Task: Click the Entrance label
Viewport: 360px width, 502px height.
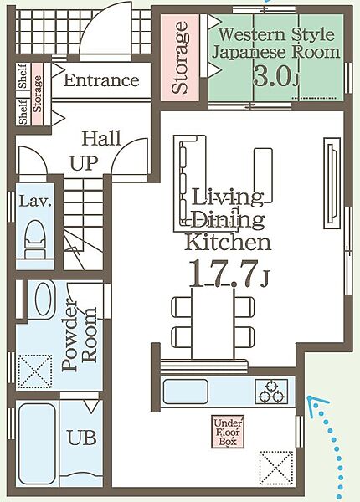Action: [x=101, y=80]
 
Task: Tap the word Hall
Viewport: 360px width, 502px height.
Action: [x=101, y=139]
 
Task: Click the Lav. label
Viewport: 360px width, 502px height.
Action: [x=35, y=202]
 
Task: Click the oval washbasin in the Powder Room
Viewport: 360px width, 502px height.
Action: [x=45, y=299]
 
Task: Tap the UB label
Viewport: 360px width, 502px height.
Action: [x=82, y=438]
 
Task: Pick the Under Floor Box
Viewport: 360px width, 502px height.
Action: [x=228, y=432]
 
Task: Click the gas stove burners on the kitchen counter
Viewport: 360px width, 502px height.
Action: [x=271, y=392]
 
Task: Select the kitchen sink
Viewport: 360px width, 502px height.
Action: [x=186, y=392]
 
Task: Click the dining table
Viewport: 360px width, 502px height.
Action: [x=213, y=323]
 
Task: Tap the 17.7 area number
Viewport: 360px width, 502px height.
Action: [x=223, y=274]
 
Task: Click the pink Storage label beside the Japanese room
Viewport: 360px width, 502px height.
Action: [x=180, y=58]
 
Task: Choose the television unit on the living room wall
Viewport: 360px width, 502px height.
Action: [x=332, y=182]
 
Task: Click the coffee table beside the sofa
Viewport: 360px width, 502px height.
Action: [x=263, y=175]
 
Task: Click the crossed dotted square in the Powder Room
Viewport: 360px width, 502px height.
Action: [x=35, y=371]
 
